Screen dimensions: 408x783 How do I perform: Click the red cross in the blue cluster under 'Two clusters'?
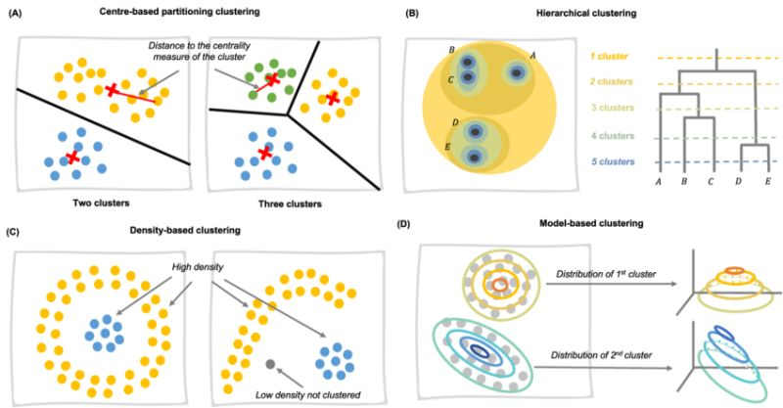point(72,158)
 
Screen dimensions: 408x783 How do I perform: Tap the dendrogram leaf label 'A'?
point(658,183)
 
